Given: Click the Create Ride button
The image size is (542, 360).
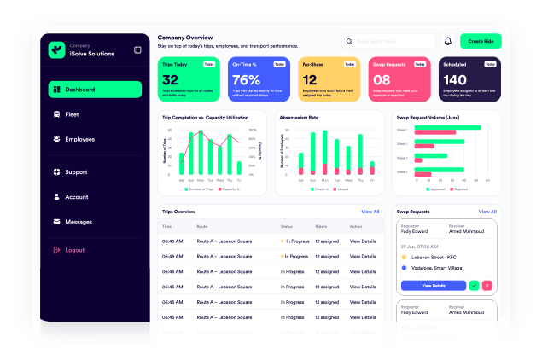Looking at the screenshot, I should [480, 41].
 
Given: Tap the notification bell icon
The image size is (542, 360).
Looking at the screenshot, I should [447, 41].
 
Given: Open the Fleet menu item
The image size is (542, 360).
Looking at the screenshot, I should [73, 114].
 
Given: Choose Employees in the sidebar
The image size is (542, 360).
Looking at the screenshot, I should [79, 139].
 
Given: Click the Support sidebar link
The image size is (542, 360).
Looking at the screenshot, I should [76, 172].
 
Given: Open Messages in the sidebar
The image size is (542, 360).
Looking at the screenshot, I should [79, 222].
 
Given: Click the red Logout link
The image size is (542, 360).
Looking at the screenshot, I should [75, 250].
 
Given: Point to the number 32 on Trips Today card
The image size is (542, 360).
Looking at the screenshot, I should [170, 80].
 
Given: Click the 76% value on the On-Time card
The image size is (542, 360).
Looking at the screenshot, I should [246, 80].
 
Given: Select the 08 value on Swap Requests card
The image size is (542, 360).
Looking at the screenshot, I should [381, 80].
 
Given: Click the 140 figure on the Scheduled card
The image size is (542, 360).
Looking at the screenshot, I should [455, 80].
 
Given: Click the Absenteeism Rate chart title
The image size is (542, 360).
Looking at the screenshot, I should [299, 117].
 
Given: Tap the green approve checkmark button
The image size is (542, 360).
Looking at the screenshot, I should [474, 285].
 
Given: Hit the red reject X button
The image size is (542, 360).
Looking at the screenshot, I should [487, 285].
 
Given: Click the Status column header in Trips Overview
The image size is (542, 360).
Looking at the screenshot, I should [287, 226].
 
